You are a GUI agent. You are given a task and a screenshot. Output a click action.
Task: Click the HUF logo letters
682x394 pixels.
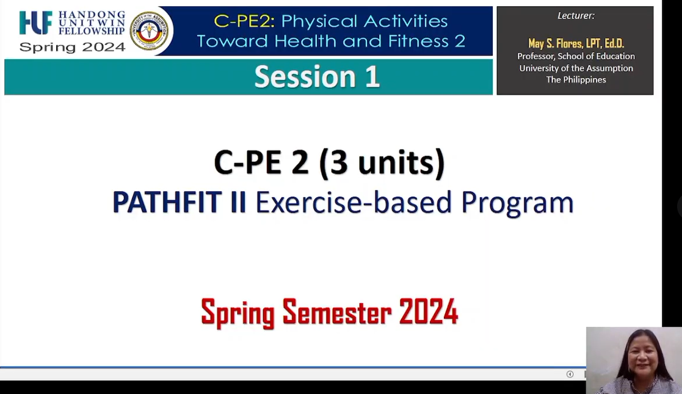point(35,23)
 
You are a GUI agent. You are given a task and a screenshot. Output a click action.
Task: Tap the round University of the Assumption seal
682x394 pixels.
point(149,31)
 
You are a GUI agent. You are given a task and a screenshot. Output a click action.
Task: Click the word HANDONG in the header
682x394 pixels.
point(92,15)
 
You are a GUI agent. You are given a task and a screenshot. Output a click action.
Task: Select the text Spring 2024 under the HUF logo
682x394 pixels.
point(72,47)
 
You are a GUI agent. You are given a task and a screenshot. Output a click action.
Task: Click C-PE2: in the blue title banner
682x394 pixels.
point(244,21)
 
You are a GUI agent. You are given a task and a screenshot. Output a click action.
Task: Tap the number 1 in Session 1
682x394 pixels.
point(372,76)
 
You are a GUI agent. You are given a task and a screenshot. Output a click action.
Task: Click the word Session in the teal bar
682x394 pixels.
point(305,76)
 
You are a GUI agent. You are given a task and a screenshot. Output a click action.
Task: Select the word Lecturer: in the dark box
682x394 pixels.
point(576,16)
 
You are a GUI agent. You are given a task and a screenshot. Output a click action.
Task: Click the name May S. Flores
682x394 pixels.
point(555,43)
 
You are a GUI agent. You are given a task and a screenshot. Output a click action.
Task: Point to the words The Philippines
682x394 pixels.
point(576,79)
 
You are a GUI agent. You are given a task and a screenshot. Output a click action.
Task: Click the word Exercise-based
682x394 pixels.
point(354,202)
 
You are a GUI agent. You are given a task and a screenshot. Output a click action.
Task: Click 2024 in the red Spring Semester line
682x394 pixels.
point(429,312)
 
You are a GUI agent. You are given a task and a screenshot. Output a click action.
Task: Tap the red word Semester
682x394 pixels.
point(337,312)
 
